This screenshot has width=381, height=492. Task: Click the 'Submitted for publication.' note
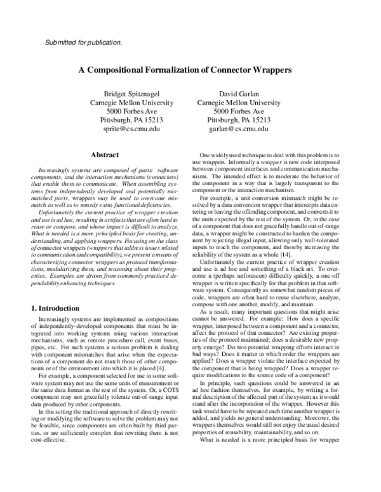pyautogui.click(x=84, y=43)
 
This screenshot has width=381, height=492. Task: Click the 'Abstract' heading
pyautogui.click(x=105, y=155)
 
